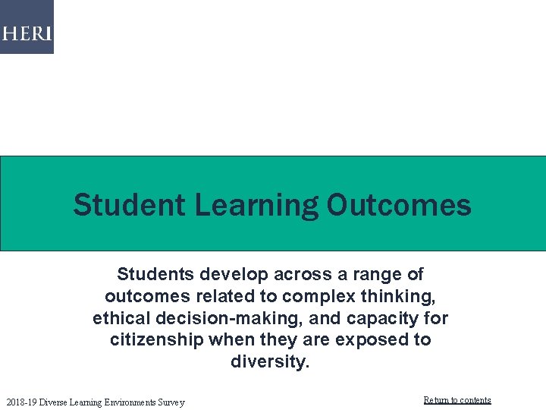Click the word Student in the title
[x=128, y=205]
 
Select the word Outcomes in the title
[x=399, y=205]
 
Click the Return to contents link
[x=457, y=400]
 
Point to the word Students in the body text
[x=155, y=273]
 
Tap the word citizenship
[x=156, y=339]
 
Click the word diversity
[x=270, y=361]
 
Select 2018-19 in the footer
[x=20, y=402]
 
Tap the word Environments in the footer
[x=122, y=402]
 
